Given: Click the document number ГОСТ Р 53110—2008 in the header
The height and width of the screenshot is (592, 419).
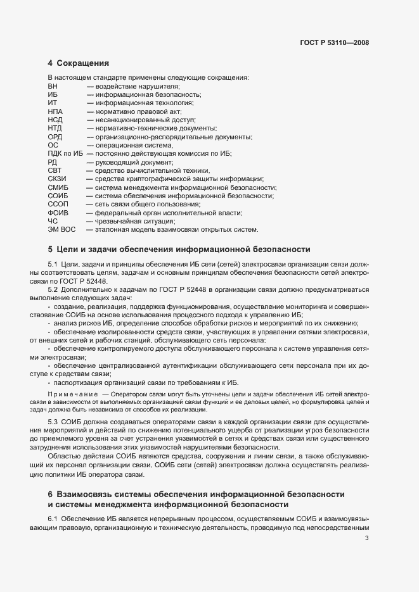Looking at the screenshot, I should (x=334, y=43).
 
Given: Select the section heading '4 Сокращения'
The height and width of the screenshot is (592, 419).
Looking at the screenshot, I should (x=78, y=63).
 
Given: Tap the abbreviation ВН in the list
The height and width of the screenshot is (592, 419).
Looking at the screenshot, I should (x=53, y=86).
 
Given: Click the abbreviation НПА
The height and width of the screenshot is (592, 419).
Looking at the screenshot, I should (x=55, y=111).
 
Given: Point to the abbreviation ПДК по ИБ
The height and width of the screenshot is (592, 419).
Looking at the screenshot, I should (x=65, y=154).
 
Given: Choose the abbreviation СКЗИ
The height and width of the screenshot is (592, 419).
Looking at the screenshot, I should (x=57, y=179).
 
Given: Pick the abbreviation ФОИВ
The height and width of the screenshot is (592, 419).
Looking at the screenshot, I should (x=57, y=213).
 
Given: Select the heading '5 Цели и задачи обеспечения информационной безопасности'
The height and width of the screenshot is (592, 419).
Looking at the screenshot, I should (x=179, y=249).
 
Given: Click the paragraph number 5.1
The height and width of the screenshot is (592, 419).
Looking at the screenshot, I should (x=53, y=263).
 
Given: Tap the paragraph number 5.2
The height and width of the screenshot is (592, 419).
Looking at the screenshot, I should (x=53, y=289).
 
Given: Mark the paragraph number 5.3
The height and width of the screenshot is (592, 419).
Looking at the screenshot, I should (x=53, y=422).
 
